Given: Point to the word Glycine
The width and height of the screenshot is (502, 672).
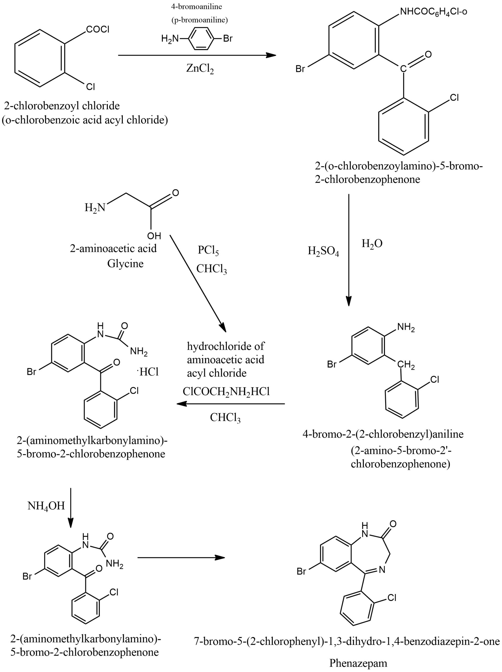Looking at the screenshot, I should point(125,263).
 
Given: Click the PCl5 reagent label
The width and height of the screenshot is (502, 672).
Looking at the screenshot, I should point(208,250).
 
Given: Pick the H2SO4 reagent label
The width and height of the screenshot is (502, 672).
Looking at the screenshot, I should point(323,251).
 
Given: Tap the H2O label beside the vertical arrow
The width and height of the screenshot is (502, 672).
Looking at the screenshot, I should point(372,244).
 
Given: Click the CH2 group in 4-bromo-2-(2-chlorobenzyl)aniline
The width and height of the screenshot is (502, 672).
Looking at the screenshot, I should point(406,365).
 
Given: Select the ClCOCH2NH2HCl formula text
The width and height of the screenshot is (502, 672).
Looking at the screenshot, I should point(226,392).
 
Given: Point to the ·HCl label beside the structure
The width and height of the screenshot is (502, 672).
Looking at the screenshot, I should point(149,372).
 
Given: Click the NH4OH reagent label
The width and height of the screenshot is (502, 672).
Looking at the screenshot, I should point(46,506).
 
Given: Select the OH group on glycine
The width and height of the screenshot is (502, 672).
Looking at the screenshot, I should point(154,236).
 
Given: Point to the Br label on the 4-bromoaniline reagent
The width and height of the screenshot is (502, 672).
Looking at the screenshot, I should point(228,39).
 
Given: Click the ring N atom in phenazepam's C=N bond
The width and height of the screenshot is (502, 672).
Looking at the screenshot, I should point(382,570).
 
